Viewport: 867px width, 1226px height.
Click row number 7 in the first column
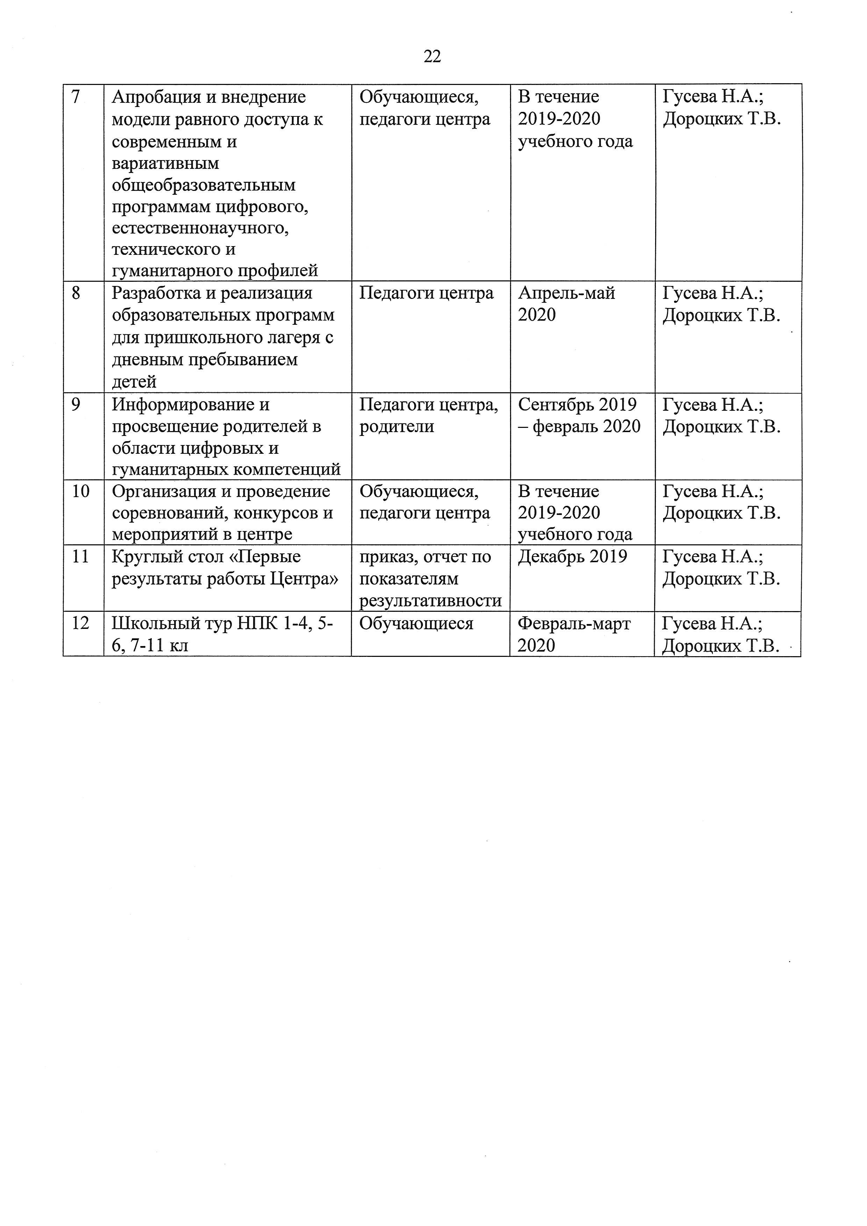[75, 96]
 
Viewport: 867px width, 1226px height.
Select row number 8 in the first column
[76, 293]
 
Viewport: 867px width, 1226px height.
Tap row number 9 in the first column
[76, 405]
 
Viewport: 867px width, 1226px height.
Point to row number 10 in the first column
[81, 491]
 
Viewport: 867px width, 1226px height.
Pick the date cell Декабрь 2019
[572, 557]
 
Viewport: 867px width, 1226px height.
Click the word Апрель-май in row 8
[566, 293]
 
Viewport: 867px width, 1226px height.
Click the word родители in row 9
[396, 426]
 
